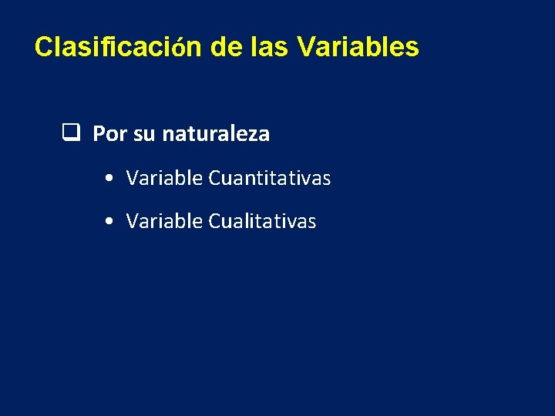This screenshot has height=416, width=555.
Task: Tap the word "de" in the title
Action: tap(224, 47)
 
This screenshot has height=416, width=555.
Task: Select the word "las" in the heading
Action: tap(270, 47)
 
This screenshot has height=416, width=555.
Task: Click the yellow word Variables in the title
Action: tap(358, 47)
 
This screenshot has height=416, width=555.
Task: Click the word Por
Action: tap(110, 134)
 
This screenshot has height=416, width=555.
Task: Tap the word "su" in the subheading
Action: tap(144, 135)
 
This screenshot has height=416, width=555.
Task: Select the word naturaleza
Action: tap(216, 134)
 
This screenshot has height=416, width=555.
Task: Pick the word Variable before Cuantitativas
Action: tap(164, 178)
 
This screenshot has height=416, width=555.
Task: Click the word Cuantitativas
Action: tap(270, 178)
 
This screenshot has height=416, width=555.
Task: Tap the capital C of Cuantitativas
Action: tap(214, 178)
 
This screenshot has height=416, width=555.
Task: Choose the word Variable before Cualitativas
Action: tap(164, 222)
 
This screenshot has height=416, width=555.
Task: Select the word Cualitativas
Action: tap(262, 222)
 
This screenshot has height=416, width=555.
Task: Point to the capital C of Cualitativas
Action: tap(214, 222)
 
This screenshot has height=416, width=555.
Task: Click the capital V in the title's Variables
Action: tap(304, 47)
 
